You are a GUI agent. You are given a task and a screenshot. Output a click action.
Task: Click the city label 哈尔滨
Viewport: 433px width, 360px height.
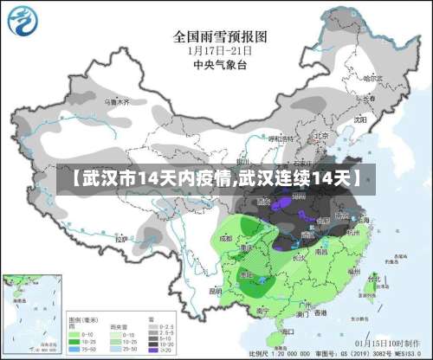point(373,78)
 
